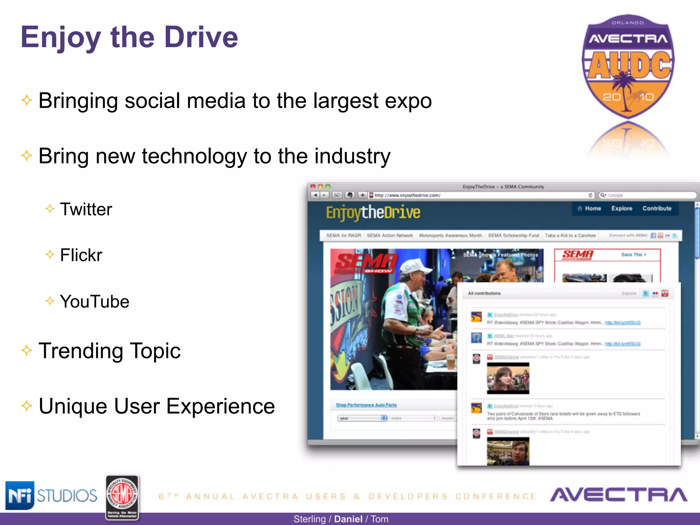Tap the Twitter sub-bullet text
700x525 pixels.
86,209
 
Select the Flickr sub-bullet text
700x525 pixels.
81,255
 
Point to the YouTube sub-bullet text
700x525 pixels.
94,301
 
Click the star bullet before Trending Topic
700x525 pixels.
27,350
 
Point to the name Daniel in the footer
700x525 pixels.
348,519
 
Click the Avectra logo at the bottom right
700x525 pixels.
619,495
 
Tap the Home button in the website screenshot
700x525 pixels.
589,208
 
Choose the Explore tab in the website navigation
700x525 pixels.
622,208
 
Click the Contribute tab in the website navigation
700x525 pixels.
657,208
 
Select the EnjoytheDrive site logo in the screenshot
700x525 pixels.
373,213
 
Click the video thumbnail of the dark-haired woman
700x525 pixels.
508,378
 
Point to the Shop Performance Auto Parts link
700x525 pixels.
366,405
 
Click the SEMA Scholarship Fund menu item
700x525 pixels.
513,235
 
